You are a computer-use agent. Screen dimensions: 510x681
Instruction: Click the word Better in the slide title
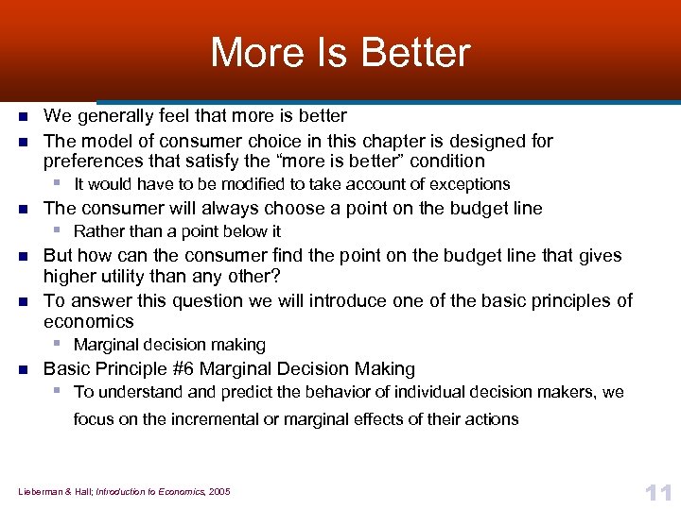tap(424, 53)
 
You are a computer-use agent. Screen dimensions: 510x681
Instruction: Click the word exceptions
tap(465, 184)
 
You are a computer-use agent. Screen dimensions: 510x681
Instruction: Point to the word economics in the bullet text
tap(88, 321)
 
